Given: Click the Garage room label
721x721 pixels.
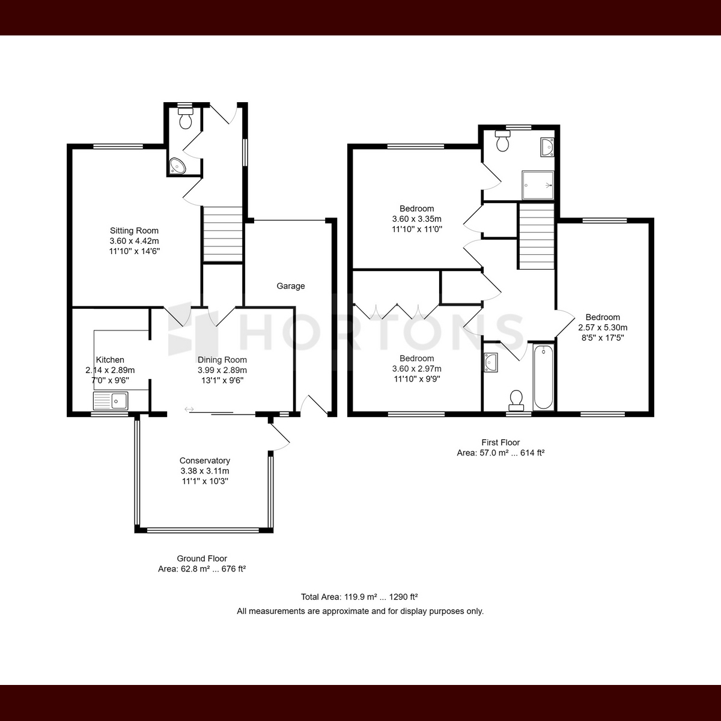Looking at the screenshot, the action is [x=291, y=286].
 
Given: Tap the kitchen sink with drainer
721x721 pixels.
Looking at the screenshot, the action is [x=111, y=401].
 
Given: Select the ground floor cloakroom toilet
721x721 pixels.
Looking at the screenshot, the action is [x=186, y=118].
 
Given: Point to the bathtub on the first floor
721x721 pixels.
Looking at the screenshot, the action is [x=543, y=377].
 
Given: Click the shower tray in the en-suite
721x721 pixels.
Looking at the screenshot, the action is [x=538, y=185].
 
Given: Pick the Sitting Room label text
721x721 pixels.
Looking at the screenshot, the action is [x=134, y=231].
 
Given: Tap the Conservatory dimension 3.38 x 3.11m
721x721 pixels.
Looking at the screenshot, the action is [x=205, y=471].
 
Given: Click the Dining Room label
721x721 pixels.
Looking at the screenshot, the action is [x=222, y=360].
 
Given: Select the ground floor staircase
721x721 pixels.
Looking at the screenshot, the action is [x=223, y=234].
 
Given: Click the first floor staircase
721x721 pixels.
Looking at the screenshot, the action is [x=536, y=236].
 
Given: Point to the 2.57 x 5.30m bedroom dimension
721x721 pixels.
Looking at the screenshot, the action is [x=603, y=328].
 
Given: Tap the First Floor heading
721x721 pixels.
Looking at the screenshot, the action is [x=500, y=443].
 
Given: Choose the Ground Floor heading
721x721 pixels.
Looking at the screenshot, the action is [x=202, y=559].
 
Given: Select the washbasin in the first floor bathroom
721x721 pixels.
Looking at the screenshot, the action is [x=491, y=362].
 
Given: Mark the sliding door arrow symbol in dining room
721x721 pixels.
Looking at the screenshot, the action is [x=189, y=409].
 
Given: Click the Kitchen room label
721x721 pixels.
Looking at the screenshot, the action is [x=110, y=360].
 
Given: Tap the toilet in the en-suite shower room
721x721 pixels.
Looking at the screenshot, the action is [x=502, y=141].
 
